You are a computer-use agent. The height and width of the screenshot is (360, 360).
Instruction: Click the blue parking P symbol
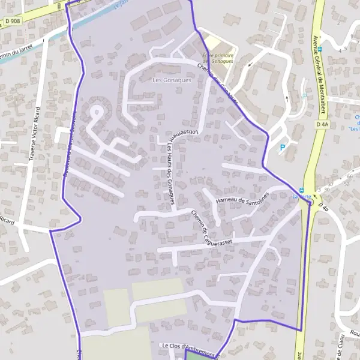coord(283,147)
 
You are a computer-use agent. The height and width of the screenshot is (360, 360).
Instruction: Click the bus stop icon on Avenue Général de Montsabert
coord(320,49)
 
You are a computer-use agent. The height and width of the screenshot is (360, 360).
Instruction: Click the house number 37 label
coord(330,184)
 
